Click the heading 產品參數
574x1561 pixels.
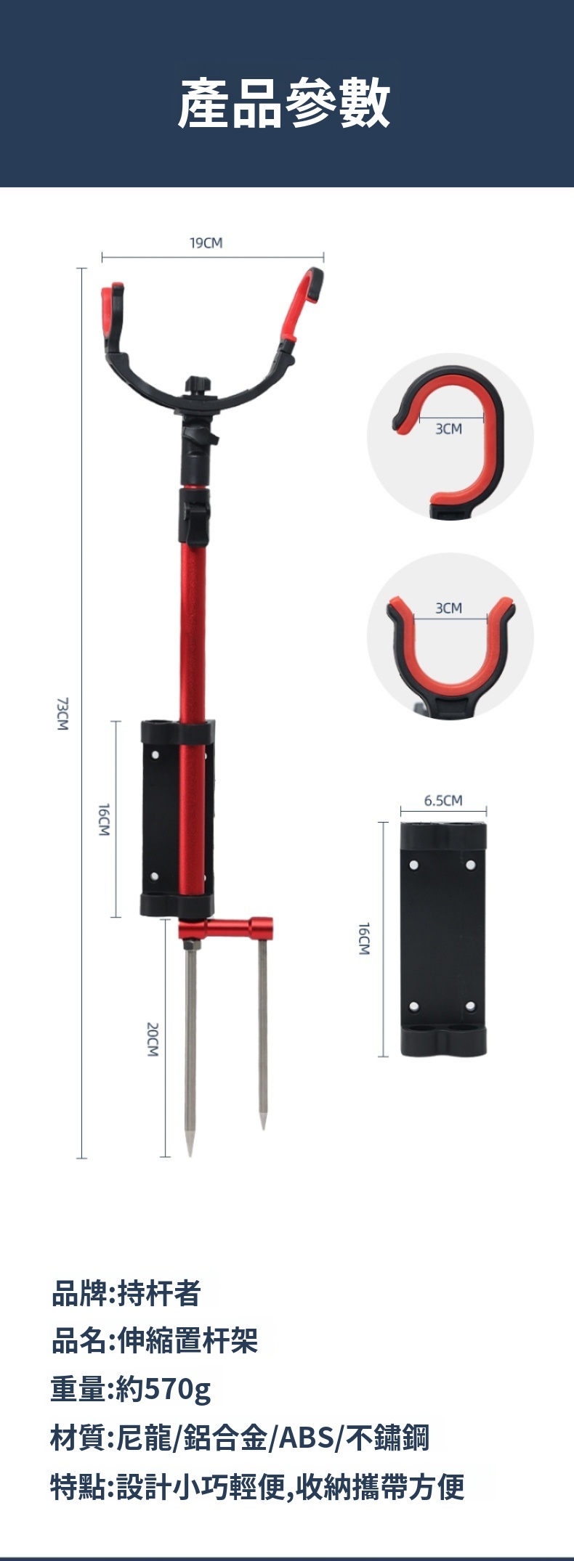pos(285,104)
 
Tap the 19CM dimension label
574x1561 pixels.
pos(206,243)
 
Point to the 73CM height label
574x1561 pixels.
pos(63,714)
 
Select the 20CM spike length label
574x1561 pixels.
pos(152,1039)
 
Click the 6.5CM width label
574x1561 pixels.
pos(443,801)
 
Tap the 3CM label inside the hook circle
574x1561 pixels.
pos(448,429)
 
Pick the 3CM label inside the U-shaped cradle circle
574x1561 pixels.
pos(449,608)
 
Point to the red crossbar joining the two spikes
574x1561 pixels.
pos(225,929)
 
